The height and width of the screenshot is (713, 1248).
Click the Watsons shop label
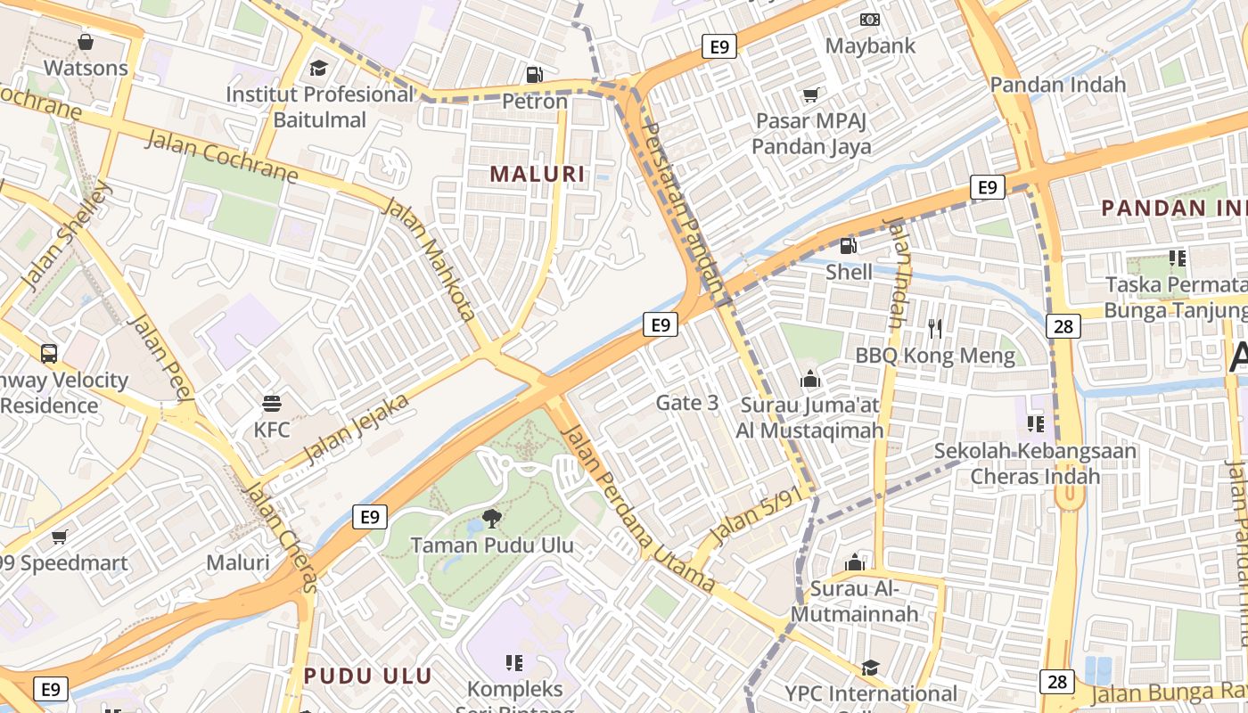pos(86,68)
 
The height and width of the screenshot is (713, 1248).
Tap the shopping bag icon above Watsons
pos(86,42)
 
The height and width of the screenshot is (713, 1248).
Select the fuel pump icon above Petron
pos(534,75)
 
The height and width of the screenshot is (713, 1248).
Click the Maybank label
pos(870,45)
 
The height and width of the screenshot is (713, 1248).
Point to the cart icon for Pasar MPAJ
pos(811,94)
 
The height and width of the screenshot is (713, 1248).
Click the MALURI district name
pos(538,174)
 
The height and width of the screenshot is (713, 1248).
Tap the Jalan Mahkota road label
pos(429,259)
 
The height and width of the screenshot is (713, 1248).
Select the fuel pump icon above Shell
pos(848,245)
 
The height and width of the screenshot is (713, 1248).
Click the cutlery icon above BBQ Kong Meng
pos(934,329)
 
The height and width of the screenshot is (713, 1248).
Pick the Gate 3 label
pos(686,403)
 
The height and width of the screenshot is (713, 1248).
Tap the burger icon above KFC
pos(272,403)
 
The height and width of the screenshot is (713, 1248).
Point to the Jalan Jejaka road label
pos(357,429)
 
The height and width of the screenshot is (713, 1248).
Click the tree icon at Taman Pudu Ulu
pos(491,518)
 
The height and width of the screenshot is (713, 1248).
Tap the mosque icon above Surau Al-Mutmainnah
pos(855,562)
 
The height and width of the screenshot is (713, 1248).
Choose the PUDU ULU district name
pos(367,676)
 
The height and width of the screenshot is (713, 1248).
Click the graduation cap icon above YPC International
pos(870,668)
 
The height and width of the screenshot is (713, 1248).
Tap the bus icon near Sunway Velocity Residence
pos(49,353)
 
